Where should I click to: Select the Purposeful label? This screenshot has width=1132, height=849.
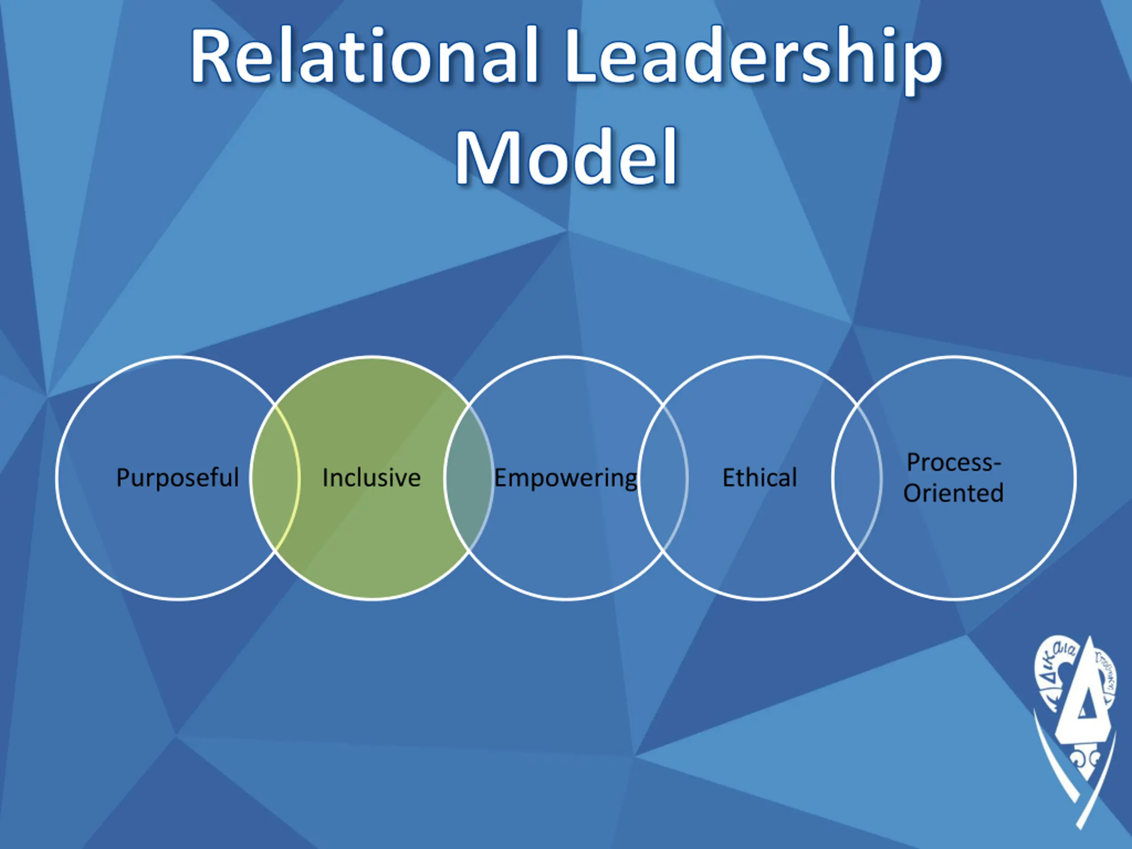[x=178, y=478]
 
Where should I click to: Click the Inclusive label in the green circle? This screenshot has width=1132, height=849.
[x=371, y=478]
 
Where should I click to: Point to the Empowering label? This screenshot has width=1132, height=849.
[x=566, y=478]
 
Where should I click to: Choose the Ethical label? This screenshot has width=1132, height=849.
[x=759, y=478]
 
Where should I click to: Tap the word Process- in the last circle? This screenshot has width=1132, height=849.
[x=953, y=462]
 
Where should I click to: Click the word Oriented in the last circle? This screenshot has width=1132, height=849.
[x=953, y=493]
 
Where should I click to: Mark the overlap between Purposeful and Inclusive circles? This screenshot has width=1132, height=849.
[x=275, y=478]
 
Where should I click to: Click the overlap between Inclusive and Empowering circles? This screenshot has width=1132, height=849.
[x=469, y=478]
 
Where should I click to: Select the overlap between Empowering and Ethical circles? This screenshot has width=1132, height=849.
[x=663, y=478]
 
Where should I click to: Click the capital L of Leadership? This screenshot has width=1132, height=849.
[x=582, y=56]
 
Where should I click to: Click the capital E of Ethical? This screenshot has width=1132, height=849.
[x=729, y=478]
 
